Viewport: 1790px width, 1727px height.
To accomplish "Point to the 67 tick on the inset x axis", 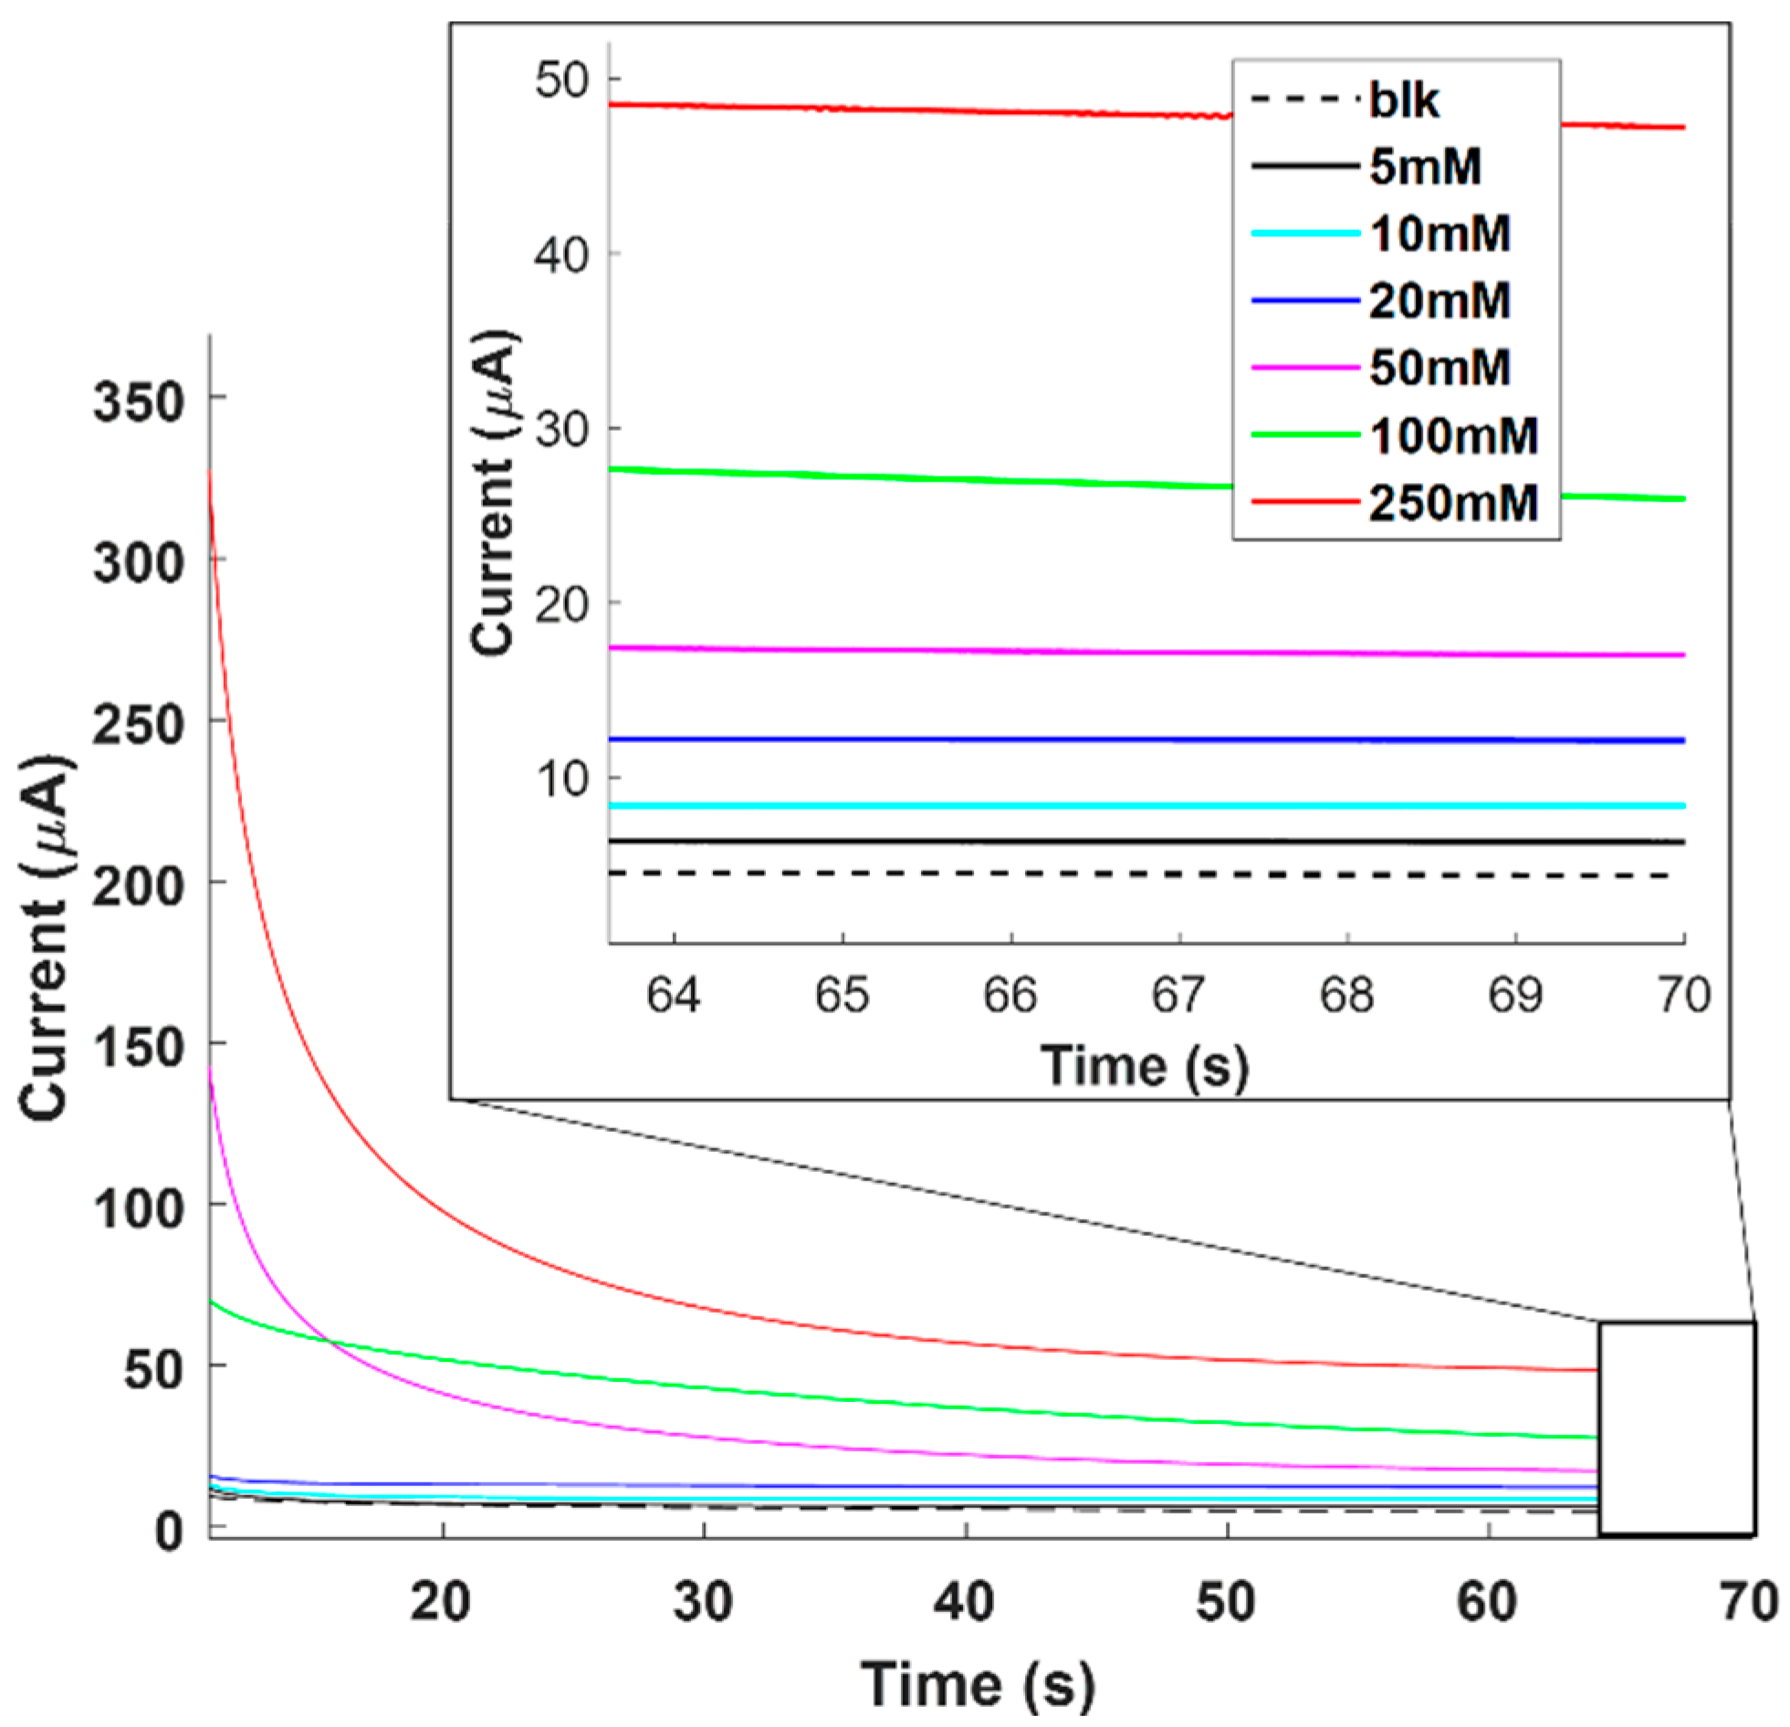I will (1179, 995).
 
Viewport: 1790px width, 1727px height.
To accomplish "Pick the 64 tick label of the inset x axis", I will (674, 995).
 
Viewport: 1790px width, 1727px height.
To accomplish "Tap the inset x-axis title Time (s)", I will (1145, 1065).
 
